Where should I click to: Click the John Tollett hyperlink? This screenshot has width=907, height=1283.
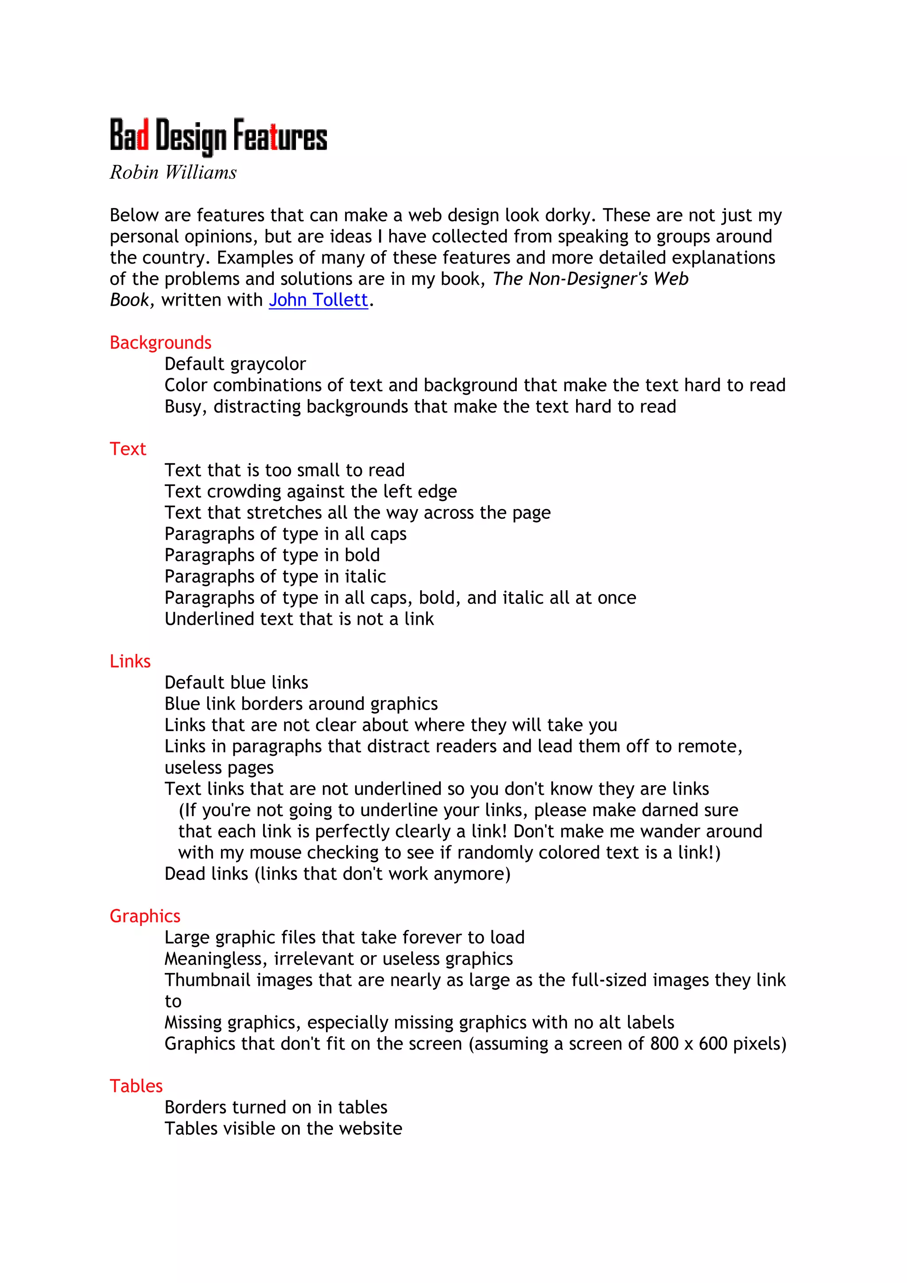(x=318, y=300)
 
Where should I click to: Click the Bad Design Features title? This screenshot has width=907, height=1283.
(x=218, y=136)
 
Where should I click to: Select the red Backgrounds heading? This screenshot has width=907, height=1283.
(x=160, y=342)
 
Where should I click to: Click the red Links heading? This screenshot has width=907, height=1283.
(x=130, y=661)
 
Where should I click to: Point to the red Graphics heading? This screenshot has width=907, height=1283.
(x=145, y=916)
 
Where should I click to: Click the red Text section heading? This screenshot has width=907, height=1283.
(x=128, y=449)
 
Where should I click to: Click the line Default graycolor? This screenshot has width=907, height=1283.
(x=235, y=364)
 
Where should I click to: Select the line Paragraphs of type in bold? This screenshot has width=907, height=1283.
(x=272, y=555)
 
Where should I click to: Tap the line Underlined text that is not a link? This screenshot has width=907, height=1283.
(x=299, y=618)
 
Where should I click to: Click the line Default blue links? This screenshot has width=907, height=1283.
(x=236, y=682)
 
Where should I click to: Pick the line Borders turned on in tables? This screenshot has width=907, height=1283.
(x=276, y=1107)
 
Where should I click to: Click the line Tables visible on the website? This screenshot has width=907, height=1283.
(x=283, y=1128)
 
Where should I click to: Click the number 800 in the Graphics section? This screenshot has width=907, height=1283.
(x=664, y=1043)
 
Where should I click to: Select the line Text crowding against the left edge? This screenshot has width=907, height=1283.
(x=310, y=491)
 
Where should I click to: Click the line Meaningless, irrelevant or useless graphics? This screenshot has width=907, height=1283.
(x=338, y=958)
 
